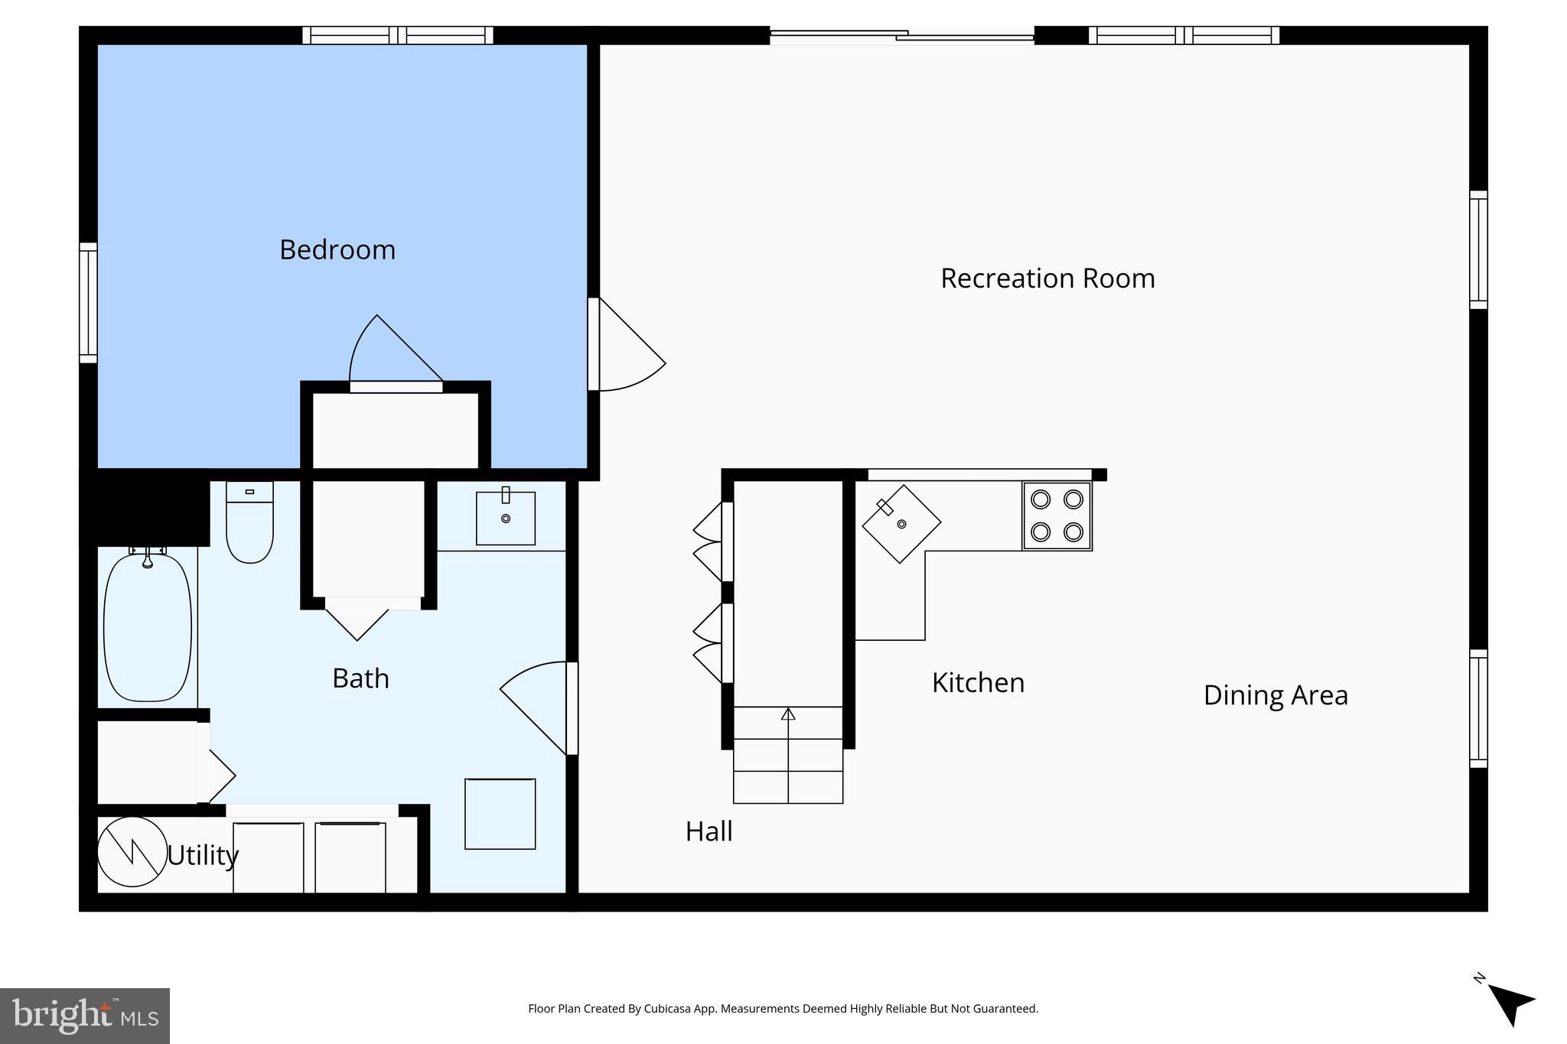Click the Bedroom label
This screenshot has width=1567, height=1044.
(337, 250)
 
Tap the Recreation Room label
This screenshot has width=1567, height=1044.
(1047, 278)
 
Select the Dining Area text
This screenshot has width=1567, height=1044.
(1275, 695)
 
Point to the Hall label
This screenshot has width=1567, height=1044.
(709, 831)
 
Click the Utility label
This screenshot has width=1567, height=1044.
(203, 855)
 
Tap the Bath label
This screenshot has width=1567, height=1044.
(360, 678)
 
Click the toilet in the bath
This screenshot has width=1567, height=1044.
(249, 524)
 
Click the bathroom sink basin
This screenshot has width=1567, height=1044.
(505, 519)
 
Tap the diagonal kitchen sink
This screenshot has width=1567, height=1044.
(901, 524)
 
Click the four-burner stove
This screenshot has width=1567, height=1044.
(1057, 516)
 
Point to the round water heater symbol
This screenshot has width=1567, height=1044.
(132, 852)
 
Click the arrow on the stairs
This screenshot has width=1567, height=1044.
(788, 715)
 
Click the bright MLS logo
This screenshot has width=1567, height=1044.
(85, 1016)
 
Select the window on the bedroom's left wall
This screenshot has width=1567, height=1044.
(89, 303)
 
